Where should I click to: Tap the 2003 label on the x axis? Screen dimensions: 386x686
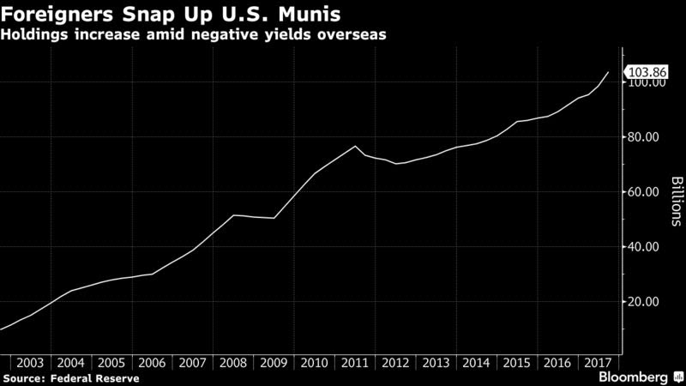click(32, 362)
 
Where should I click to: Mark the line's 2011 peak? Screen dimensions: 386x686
click(356, 147)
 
